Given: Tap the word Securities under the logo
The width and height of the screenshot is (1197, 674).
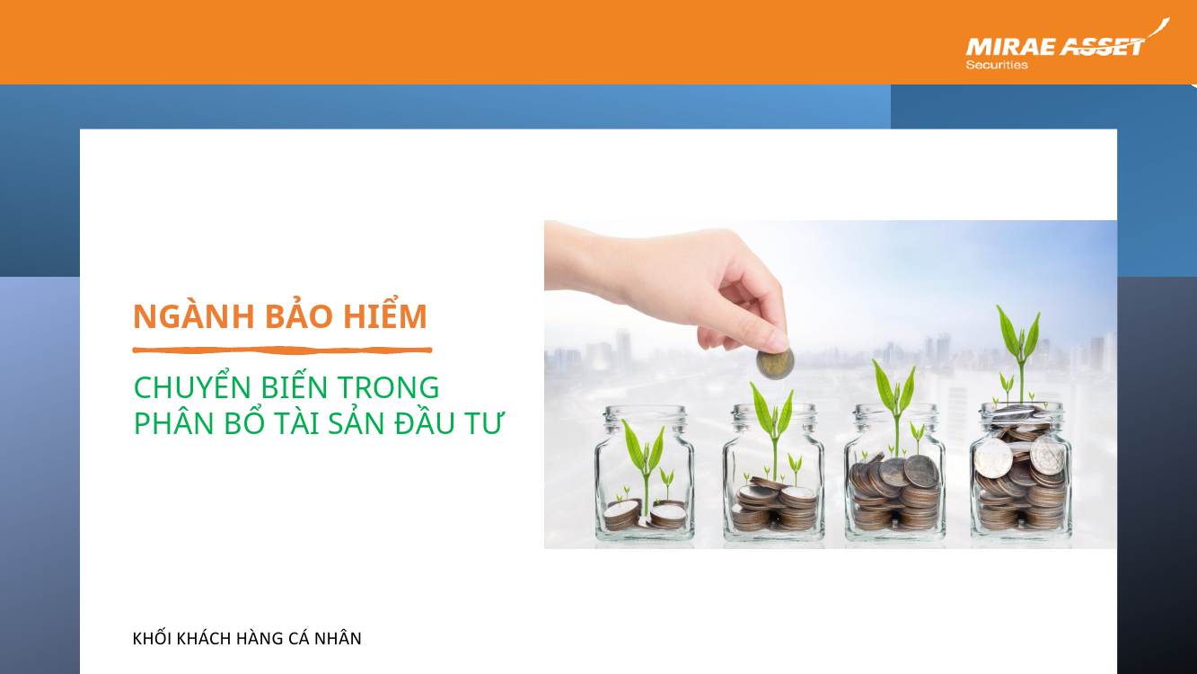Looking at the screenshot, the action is point(997,65).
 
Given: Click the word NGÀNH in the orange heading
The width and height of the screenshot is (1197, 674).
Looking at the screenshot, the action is point(193,315).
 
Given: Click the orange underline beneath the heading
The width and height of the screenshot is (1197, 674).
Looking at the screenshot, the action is point(282,350).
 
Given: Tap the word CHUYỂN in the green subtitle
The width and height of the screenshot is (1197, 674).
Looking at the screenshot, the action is point(192,386).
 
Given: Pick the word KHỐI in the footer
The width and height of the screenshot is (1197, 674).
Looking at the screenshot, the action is point(153,638).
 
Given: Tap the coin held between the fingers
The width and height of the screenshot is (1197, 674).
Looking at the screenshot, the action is point(774,364).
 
